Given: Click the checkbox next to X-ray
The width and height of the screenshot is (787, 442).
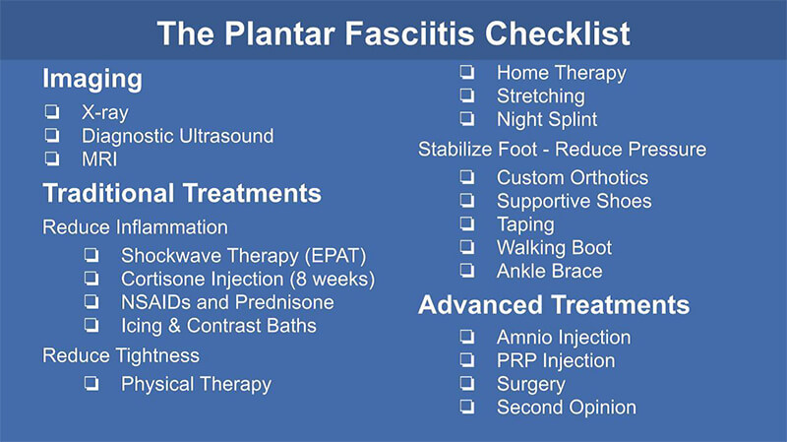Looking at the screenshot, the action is pos(52,111).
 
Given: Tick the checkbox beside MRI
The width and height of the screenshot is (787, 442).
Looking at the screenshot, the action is pos(52,158).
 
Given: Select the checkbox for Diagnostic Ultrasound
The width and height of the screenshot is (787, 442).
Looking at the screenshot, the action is pos(52,135).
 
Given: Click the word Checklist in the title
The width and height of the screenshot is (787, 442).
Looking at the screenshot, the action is pos(557,33).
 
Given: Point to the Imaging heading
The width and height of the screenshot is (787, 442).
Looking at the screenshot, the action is pos(92,80).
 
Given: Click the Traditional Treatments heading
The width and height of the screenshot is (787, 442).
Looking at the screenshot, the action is pos(182,193).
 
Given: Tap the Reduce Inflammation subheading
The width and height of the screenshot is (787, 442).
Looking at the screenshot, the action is pos(135,227).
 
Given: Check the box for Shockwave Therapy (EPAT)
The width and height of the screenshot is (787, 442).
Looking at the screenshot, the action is pos(91,255).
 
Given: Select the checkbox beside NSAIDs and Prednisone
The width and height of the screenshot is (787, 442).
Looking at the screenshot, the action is pos(91,302).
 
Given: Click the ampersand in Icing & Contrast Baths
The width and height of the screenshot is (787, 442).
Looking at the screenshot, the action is pos(174,326).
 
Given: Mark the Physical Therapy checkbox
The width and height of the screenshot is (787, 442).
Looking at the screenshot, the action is pos(91,384).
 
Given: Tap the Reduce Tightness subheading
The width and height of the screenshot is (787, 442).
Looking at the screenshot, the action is pos(121,355).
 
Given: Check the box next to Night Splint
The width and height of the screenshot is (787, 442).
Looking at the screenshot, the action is pos(467,119).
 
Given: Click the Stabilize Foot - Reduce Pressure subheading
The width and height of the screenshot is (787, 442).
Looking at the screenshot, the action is pos(562,150).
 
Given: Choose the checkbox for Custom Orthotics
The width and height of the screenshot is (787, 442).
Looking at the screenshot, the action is pos(467,177).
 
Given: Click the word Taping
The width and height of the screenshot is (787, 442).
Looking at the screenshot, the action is pos(525,225).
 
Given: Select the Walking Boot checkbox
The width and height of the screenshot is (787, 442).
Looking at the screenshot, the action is pos(467,247).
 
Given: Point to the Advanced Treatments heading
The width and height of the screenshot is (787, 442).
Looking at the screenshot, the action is pos(554,305).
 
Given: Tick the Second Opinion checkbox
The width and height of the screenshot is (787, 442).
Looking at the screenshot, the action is pos(467,407).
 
